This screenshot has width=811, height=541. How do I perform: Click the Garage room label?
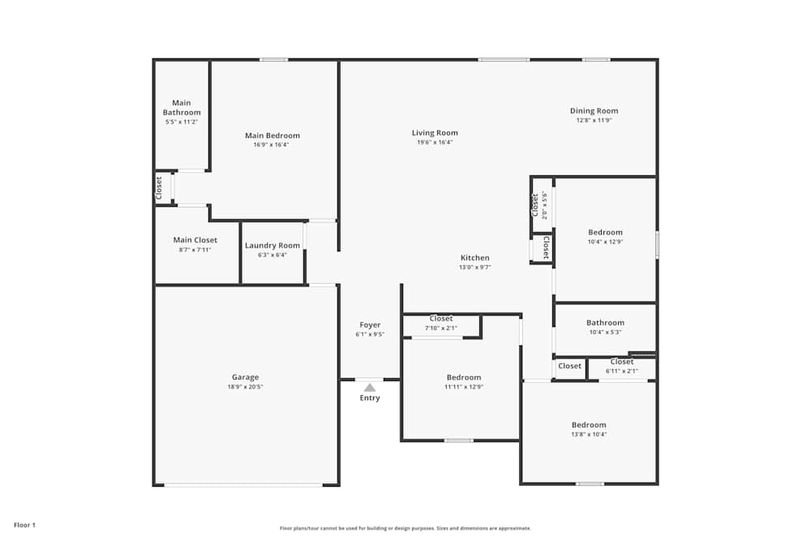coord(245,377)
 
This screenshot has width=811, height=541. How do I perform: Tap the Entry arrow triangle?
coord(370,388)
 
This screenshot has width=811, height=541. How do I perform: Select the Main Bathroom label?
coord(182,108)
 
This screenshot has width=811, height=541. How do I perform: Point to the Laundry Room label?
coord(272,246)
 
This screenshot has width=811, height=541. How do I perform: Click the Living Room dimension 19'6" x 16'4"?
coord(435,142)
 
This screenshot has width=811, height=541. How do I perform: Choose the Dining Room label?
coord(594,111)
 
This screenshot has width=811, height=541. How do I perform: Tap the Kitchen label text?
coord(475,258)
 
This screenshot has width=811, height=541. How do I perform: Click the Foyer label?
coord(370,325)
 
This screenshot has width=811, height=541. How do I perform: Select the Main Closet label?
coord(195,240)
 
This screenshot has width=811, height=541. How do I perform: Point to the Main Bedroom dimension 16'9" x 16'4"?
coord(272,144)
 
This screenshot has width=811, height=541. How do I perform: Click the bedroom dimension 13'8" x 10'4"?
coord(589,434)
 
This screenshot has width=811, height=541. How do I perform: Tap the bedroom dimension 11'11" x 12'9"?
coord(464,386)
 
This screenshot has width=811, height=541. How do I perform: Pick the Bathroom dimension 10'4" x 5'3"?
coord(605,332)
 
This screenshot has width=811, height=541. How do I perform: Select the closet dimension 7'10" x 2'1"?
coord(441,328)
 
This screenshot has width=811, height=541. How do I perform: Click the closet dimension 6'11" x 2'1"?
coord(622,371)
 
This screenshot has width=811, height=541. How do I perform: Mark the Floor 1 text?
coord(24,526)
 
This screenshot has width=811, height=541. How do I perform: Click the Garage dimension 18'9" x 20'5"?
coord(245,387)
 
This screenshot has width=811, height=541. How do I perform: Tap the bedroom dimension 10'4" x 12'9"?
coord(605,241)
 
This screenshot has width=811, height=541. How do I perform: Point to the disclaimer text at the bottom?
coord(405,528)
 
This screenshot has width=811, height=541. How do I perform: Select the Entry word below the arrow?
coord(370,398)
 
